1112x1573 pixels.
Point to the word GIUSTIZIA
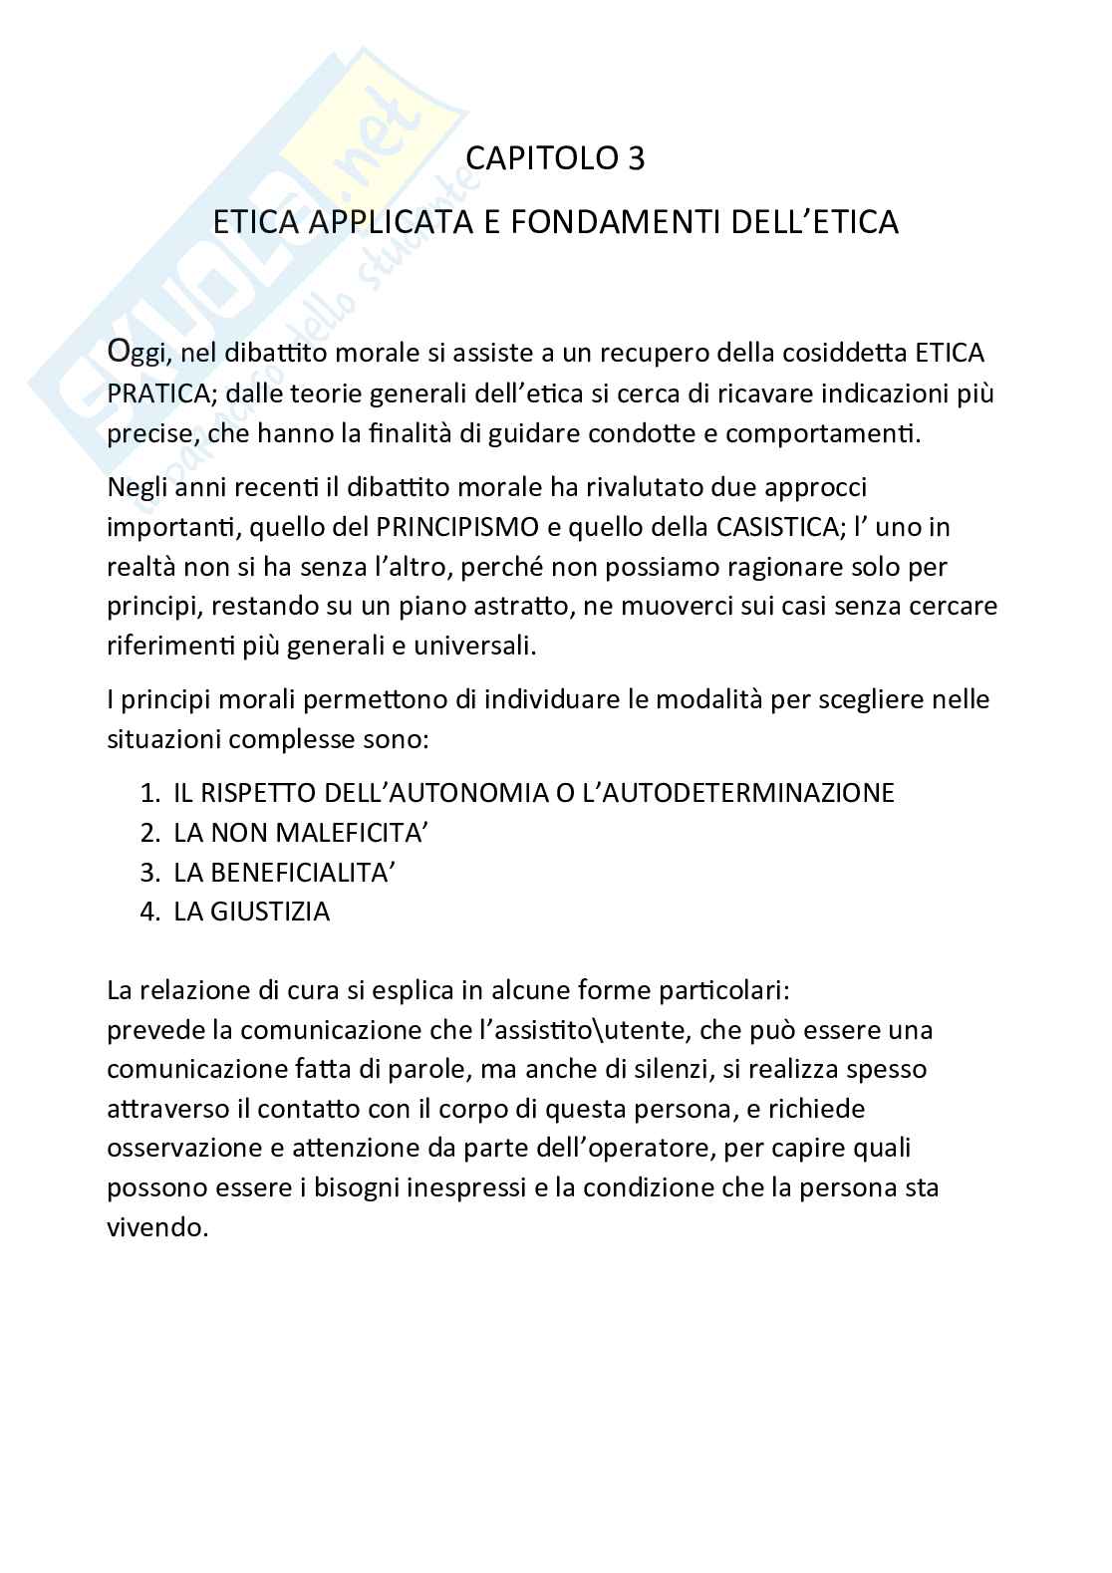269,912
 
